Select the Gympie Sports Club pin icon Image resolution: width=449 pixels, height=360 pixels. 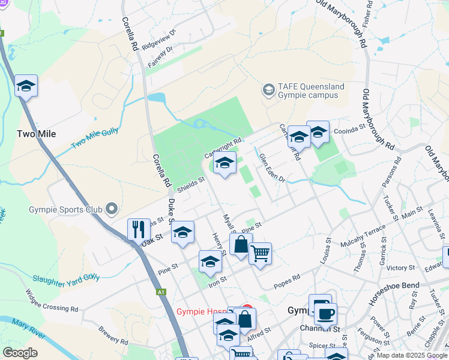(x=111, y=209)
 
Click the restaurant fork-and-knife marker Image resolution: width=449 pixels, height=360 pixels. (x=139, y=229)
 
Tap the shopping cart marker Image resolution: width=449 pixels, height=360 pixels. (x=260, y=253)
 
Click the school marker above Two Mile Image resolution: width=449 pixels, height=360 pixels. (x=26, y=86)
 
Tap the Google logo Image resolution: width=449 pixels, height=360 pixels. (x=20, y=353)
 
